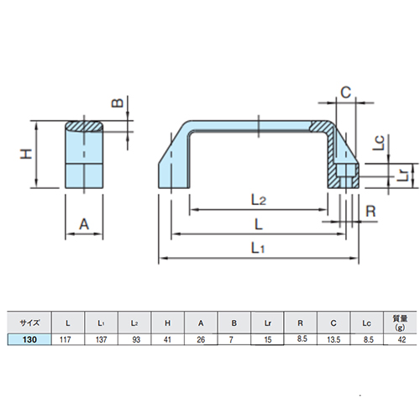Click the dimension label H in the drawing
pyautogui.click(x=26, y=155)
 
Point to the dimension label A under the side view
pyautogui.click(x=84, y=224)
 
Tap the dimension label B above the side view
pyautogui.click(x=118, y=103)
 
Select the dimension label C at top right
pyautogui.click(x=346, y=92)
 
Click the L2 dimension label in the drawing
pyautogui.click(x=258, y=200)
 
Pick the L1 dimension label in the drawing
pyautogui.click(x=258, y=248)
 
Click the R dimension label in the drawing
pyautogui.click(x=370, y=211)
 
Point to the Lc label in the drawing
pyautogui.click(x=379, y=143)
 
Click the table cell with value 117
pyautogui.click(x=65, y=339)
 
